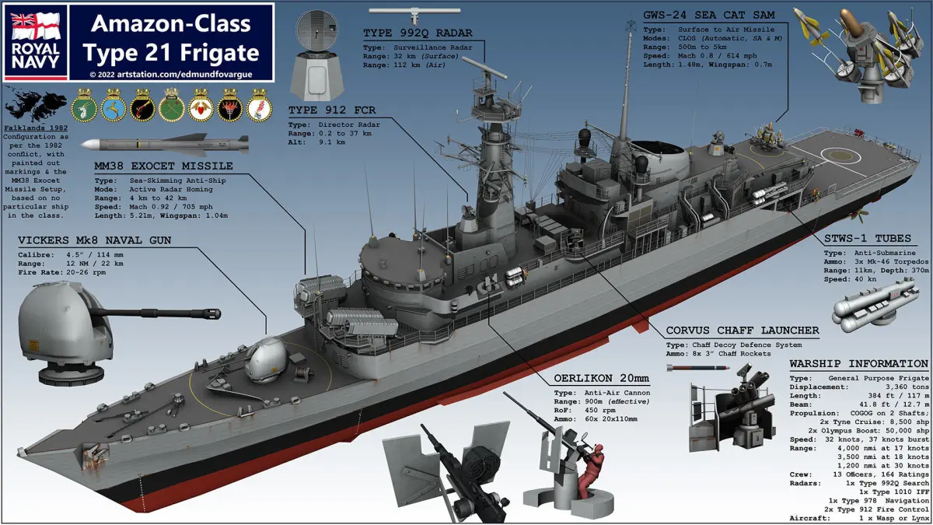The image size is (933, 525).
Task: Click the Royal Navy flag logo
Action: point(35,42)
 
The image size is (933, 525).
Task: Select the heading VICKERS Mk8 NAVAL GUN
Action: point(94,240)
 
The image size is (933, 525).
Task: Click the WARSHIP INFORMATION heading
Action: point(858,364)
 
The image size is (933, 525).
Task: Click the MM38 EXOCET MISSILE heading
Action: point(163,166)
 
